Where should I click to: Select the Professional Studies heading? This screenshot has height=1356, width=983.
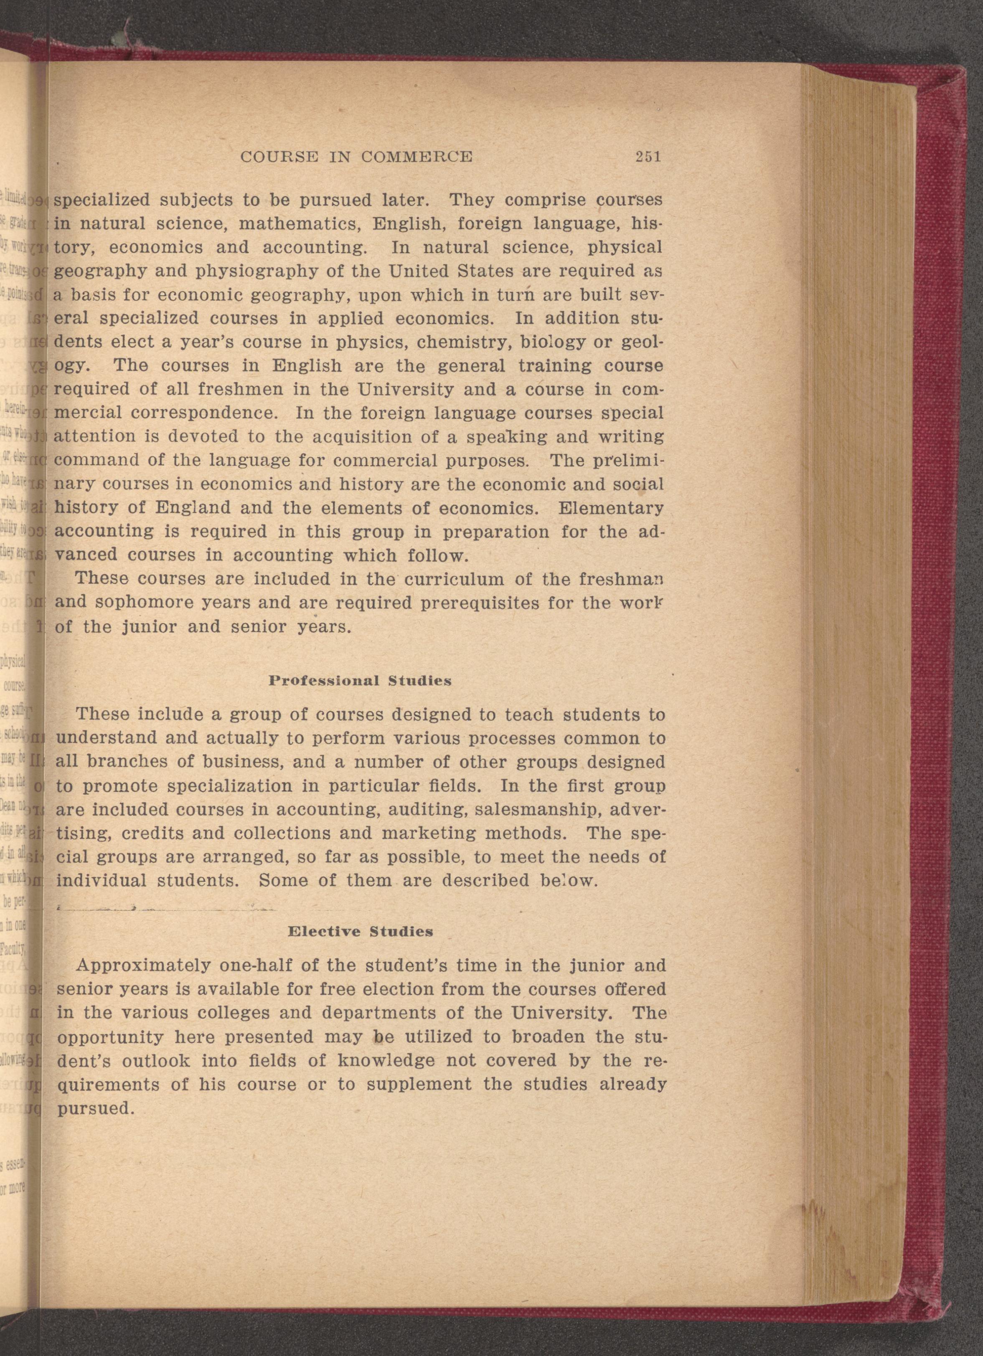coord(359,680)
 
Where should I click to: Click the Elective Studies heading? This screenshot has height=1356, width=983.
coord(360,932)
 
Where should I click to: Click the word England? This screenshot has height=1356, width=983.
coord(193,508)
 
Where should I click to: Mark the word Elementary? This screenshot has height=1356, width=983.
coord(610,508)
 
